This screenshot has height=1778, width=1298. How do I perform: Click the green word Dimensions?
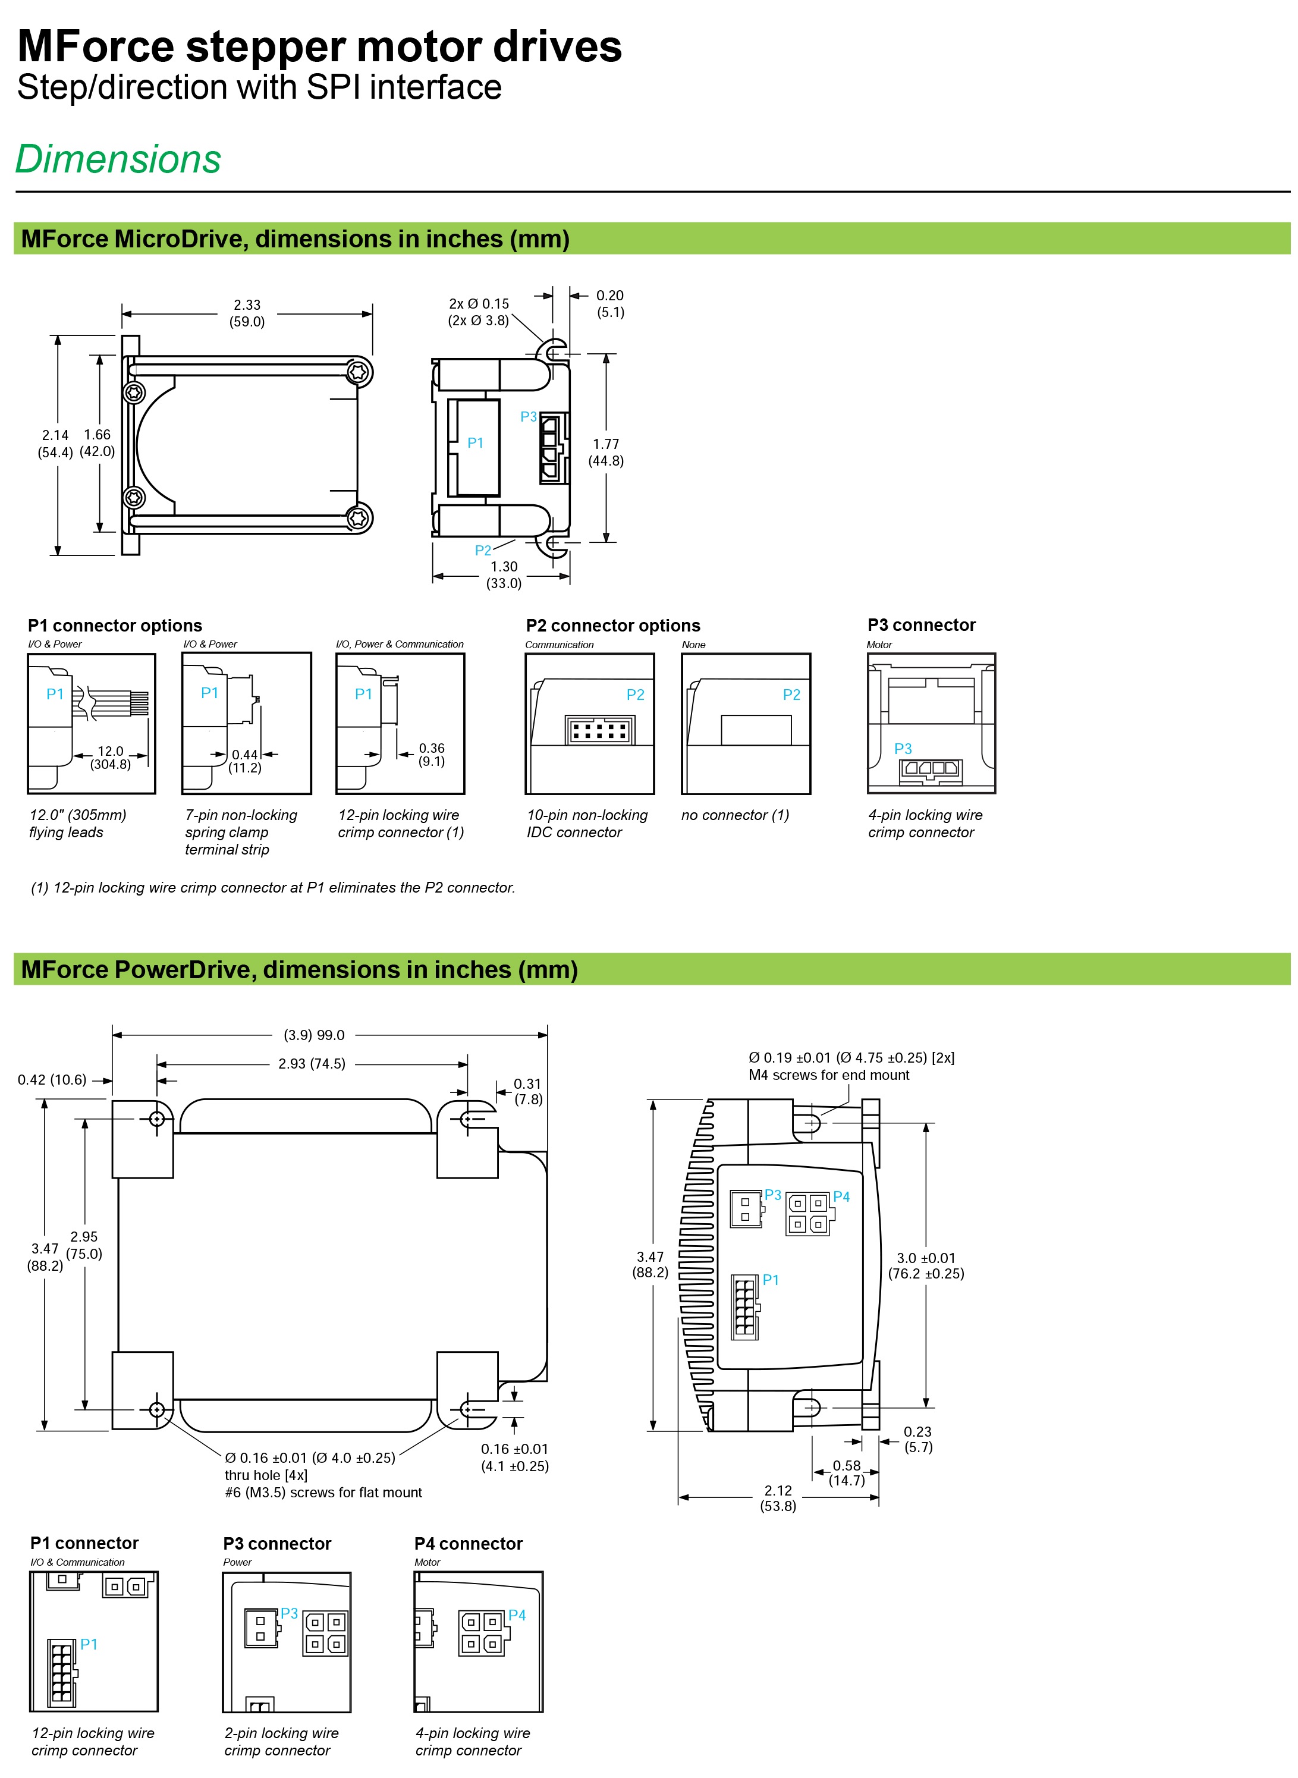tap(118, 159)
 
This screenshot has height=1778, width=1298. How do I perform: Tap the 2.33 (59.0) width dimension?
tap(247, 313)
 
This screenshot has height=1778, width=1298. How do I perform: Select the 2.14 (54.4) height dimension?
tap(55, 443)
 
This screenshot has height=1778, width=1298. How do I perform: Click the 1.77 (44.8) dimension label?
tap(606, 453)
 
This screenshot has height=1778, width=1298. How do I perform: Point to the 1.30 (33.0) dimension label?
tap(504, 574)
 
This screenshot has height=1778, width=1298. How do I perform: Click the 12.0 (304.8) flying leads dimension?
tap(110, 758)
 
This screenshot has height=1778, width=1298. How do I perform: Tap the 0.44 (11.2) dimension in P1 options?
tap(244, 761)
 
